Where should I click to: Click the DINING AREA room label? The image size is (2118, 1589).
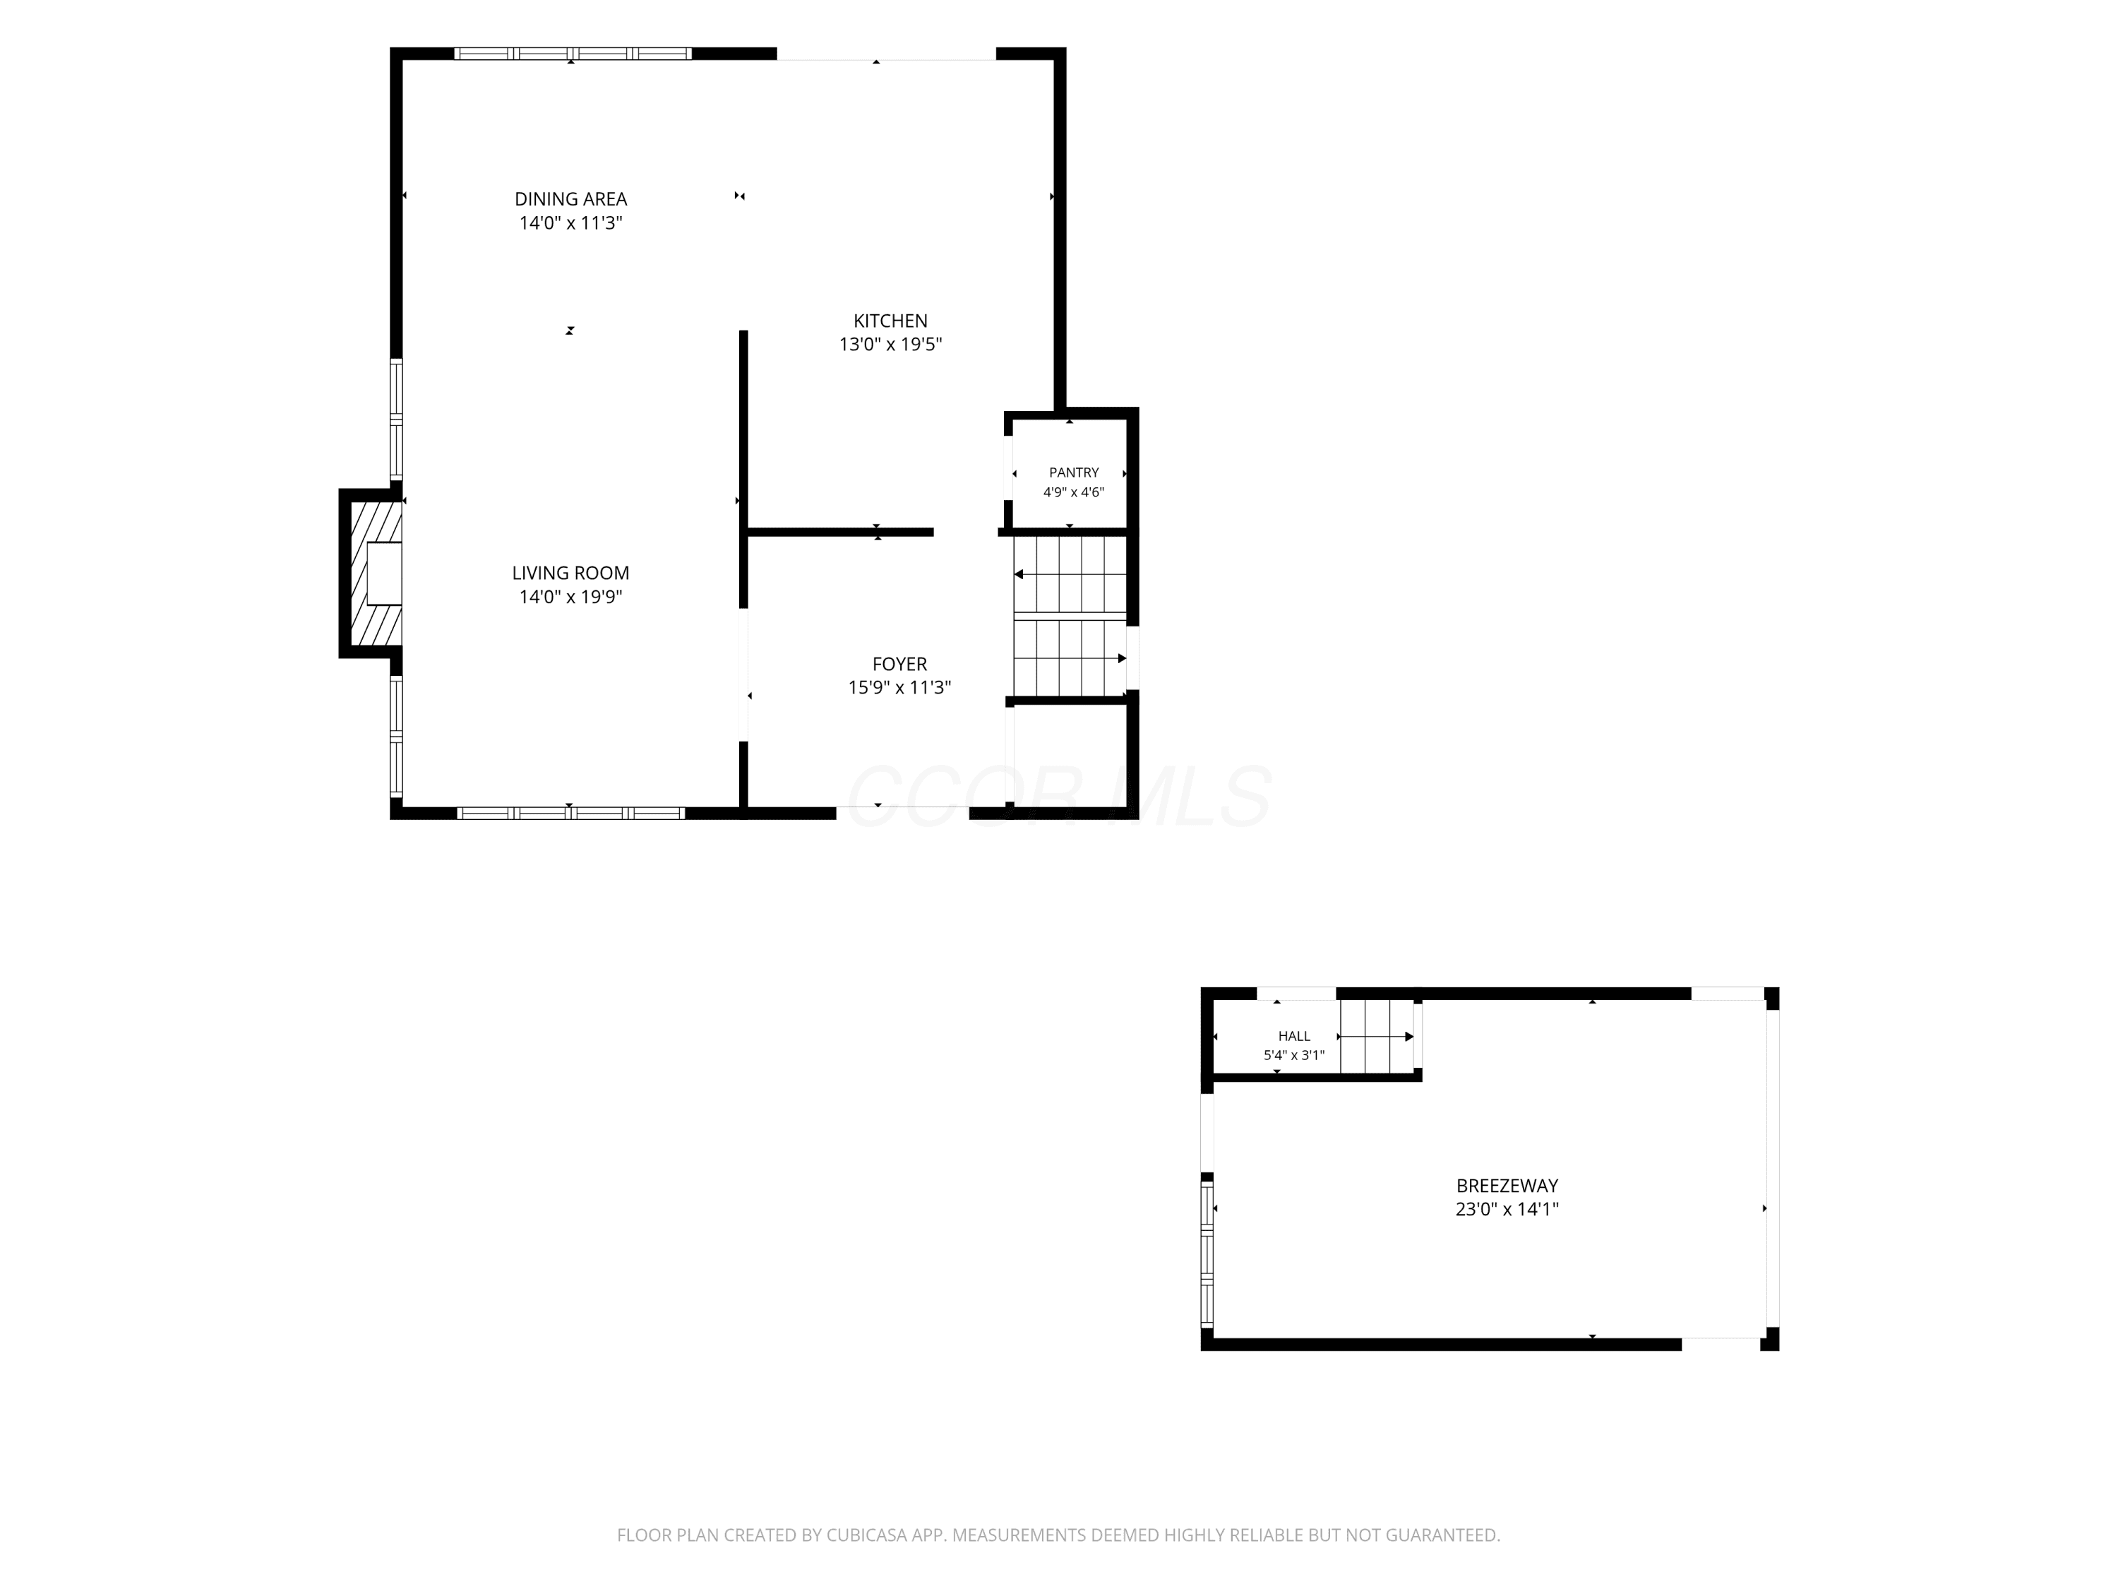point(570,199)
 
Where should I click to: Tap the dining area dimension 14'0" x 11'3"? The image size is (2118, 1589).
point(570,223)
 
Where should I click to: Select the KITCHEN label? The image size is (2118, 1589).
point(890,321)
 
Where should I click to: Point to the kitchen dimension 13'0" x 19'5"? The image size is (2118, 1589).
point(890,345)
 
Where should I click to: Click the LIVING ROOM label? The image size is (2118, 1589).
point(570,573)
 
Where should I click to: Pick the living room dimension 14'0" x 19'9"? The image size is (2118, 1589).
point(570,597)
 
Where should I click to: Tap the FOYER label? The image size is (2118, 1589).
point(899,664)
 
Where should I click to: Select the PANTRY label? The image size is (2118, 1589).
point(1073,472)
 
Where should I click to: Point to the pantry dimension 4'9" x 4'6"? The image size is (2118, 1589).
point(1073,492)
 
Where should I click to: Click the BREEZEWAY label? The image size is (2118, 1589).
point(1507,1186)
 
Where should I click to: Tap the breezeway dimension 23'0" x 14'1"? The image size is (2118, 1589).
point(1507,1210)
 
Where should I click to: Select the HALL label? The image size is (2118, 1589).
point(1293,1035)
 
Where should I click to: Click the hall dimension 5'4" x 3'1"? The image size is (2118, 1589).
point(1293,1056)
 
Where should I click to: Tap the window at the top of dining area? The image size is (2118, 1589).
point(573,54)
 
